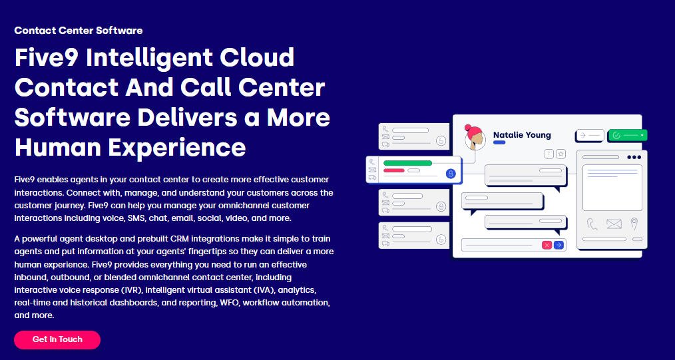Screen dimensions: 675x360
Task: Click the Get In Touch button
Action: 57,340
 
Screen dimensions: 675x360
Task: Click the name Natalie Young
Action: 522,135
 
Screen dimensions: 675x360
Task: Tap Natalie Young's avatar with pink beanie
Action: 475,137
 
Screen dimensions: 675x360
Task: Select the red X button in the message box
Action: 547,245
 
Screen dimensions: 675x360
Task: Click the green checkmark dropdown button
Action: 628,135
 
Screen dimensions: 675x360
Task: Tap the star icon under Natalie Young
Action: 561,154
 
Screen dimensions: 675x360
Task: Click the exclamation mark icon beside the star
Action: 549,154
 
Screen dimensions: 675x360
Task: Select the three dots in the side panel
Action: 634,157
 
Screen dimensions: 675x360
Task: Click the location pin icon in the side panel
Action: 634,224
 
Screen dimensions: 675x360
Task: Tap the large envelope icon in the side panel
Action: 614,224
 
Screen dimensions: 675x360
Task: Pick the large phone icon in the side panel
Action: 592,224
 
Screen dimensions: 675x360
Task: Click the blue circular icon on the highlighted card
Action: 451,174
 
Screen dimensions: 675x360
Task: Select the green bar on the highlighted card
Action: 407,163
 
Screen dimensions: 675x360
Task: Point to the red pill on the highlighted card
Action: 394,170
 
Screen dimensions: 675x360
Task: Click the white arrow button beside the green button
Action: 589,135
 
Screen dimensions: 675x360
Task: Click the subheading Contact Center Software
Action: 79,31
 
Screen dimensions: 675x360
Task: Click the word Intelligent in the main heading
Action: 190,58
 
